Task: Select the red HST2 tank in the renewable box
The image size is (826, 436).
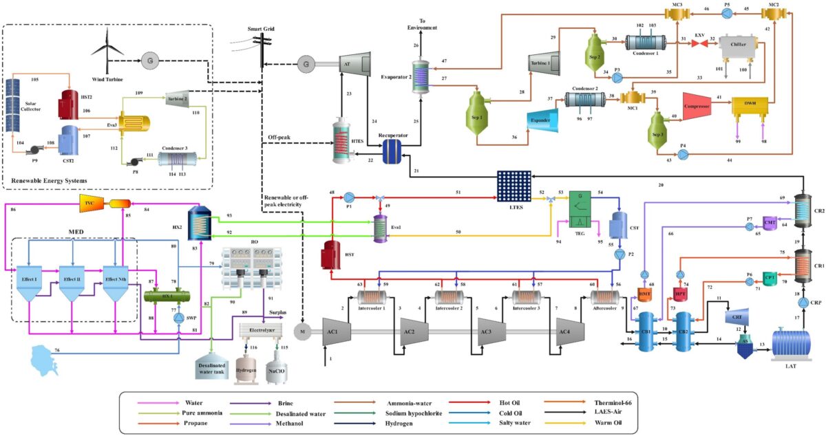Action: [x=68, y=103]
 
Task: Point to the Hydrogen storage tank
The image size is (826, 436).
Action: [x=246, y=363]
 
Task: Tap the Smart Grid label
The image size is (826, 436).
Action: [x=262, y=30]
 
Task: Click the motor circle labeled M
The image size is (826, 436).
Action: [x=301, y=333]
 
